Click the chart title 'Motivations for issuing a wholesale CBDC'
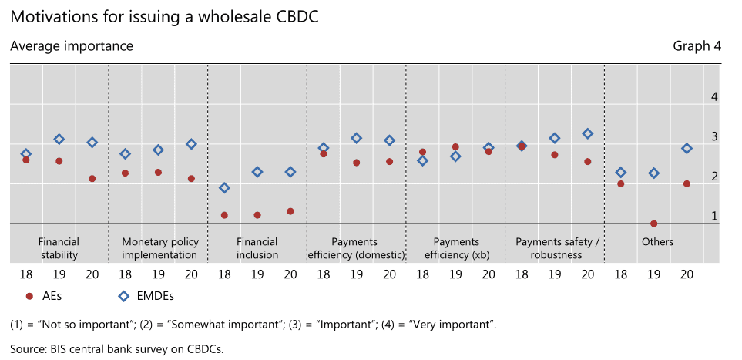(x=164, y=17)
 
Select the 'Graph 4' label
(x=697, y=46)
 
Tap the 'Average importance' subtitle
(x=72, y=46)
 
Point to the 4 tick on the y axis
(x=714, y=96)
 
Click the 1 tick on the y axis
(x=714, y=217)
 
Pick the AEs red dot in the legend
(x=29, y=296)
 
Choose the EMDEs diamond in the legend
(x=123, y=296)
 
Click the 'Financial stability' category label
(x=59, y=248)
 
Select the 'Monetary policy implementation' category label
(x=160, y=248)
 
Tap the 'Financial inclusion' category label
(x=257, y=248)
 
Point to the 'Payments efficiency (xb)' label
(x=457, y=248)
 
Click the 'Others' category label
(x=657, y=242)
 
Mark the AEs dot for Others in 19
(x=653, y=224)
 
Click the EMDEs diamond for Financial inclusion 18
(x=224, y=188)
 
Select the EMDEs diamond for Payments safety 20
(x=588, y=133)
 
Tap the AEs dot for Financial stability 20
(x=92, y=179)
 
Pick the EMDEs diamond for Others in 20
(x=687, y=148)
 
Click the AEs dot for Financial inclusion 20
(x=290, y=211)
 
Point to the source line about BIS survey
(x=116, y=349)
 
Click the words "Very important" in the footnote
(x=452, y=325)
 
